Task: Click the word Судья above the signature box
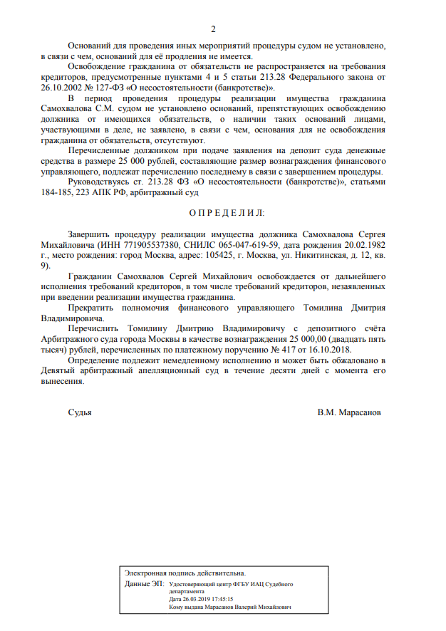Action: pyautogui.click(x=80, y=412)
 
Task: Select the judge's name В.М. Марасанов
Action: pyautogui.click(x=349, y=412)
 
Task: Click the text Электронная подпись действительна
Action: pyautogui.click(x=185, y=573)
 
